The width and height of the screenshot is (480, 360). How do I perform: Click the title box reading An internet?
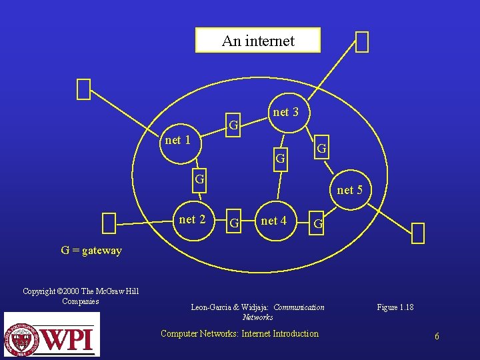(x=257, y=41)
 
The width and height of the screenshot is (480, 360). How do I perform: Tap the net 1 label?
(x=177, y=140)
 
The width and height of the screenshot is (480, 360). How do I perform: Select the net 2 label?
(x=192, y=219)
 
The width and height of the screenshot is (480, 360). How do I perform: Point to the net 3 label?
(x=286, y=112)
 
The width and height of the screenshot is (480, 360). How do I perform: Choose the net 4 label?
(x=273, y=221)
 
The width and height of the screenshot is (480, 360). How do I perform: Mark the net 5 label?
(x=349, y=190)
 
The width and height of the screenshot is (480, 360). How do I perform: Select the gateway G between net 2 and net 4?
(x=233, y=222)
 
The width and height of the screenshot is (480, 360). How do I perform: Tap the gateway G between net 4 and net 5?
(x=318, y=224)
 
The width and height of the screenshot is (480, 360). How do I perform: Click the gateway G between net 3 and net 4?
(x=281, y=159)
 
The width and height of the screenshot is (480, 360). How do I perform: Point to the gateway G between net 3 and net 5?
(x=321, y=147)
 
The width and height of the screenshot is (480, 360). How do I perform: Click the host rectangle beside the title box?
(x=361, y=42)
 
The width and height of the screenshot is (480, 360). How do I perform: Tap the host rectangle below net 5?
(x=418, y=233)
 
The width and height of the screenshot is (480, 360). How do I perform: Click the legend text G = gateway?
(x=91, y=251)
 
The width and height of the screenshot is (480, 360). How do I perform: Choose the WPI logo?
(x=51, y=335)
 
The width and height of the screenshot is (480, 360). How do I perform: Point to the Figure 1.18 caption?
(x=395, y=307)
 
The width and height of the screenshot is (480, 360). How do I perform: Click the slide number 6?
(x=437, y=336)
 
